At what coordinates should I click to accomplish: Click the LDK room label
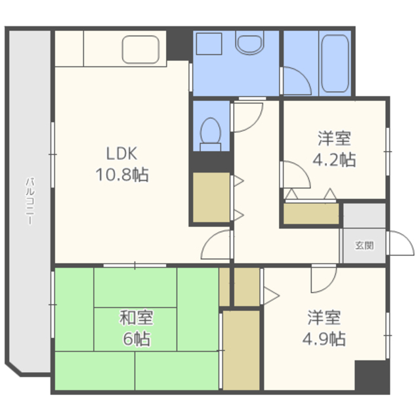point(122,154)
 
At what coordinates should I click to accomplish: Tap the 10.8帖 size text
point(122,175)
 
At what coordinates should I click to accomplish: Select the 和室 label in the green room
point(136,318)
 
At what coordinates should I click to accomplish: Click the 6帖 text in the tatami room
point(136,339)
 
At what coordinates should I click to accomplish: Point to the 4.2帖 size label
point(334,159)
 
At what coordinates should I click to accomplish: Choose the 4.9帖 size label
point(324,339)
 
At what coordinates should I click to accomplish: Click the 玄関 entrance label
point(364,245)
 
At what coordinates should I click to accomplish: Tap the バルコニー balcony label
point(30,201)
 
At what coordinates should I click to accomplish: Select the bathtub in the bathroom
point(335,63)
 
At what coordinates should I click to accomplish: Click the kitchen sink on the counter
point(140,50)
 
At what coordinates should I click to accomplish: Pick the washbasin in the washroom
point(249,43)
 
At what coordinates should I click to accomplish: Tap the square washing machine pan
point(209,44)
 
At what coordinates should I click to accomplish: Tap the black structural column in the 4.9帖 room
point(372,375)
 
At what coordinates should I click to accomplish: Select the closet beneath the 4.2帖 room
point(311,213)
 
